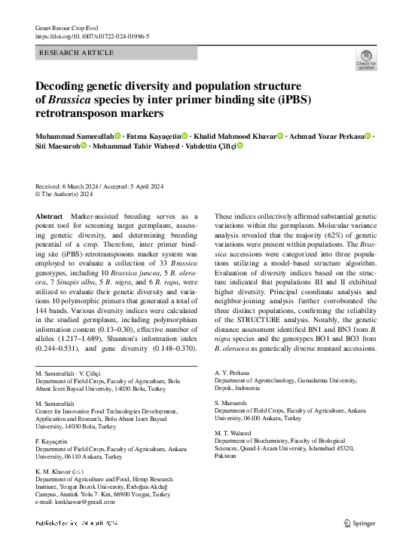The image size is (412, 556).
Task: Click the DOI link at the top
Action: [x=92, y=36]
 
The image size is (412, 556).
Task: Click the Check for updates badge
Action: [x=366, y=60]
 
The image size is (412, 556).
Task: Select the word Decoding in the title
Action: [x=64, y=87]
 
